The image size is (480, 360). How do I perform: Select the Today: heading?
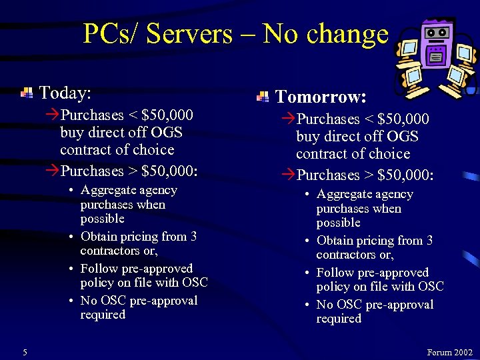pos(65,92)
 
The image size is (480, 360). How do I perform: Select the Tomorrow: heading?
pos(321,97)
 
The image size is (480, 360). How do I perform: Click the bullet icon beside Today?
pos(27,93)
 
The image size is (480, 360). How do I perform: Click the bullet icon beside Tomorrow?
pos(263,98)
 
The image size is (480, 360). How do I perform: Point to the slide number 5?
pos(25,351)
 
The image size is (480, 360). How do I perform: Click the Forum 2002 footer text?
pos(449,352)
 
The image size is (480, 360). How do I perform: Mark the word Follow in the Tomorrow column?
pos(335,273)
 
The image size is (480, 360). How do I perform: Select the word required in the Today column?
pos(103,315)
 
